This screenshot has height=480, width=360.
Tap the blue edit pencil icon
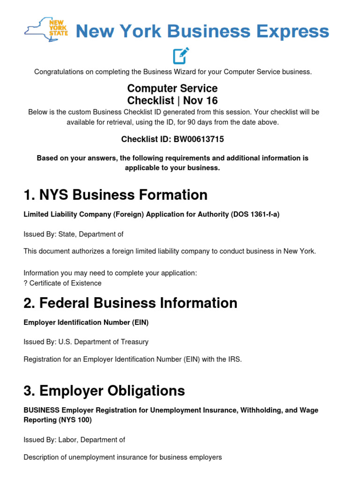point(180,55)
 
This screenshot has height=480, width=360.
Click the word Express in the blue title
point(291,32)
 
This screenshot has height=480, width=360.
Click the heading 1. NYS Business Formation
point(115,195)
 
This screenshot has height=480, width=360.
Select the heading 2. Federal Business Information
point(130,303)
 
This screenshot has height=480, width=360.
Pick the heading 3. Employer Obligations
point(104,390)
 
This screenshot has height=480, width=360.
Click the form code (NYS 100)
point(75,420)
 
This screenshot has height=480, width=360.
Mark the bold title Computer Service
point(172,88)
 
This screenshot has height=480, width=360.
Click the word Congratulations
point(59,72)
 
